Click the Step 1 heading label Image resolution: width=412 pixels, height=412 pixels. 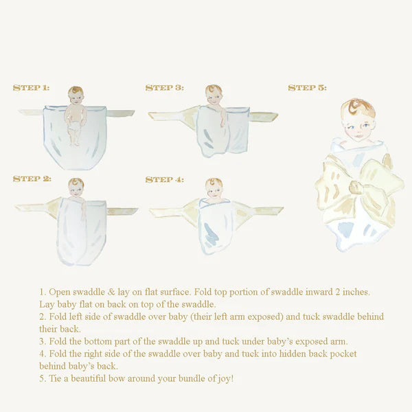click(x=31, y=88)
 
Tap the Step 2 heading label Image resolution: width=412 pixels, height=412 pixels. click(x=32, y=179)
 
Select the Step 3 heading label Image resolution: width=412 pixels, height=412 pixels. click(x=164, y=88)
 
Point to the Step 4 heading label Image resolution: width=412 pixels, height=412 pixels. click(x=164, y=180)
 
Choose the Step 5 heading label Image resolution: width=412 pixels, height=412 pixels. click(x=307, y=88)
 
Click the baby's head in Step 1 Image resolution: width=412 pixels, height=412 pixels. click(x=76, y=95)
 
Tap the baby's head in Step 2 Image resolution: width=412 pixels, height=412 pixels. click(x=76, y=186)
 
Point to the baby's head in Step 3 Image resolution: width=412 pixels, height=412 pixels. click(x=214, y=94)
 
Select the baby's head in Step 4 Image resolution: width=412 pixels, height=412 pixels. click(x=214, y=186)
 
